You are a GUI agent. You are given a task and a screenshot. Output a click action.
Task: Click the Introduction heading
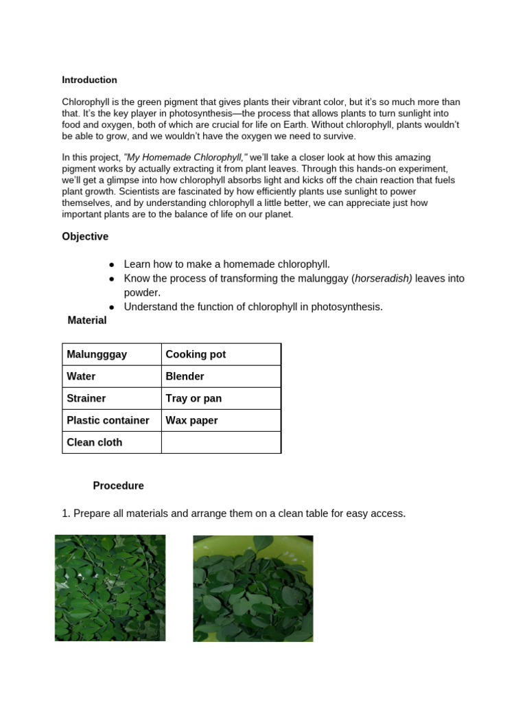(89, 80)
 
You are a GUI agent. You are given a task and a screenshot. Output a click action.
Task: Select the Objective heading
(85, 236)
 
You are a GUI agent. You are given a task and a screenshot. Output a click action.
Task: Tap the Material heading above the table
(87, 320)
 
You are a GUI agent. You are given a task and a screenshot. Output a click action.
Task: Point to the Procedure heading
(118, 485)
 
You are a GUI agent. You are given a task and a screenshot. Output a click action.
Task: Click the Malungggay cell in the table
(97, 354)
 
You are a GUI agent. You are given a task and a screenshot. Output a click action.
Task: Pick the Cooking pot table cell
(196, 354)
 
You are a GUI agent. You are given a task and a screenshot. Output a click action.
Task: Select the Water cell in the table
(81, 376)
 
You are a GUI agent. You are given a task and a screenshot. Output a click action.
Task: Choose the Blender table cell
(185, 376)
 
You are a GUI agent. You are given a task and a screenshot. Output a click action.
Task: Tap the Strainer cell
(86, 398)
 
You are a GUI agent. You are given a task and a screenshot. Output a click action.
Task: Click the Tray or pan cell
(194, 398)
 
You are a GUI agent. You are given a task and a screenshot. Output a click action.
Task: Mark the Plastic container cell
(108, 420)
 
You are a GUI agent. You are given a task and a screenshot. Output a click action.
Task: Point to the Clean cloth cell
(94, 442)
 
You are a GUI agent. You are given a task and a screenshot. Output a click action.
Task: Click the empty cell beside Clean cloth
(220, 442)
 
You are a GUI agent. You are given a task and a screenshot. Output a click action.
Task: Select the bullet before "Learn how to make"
(112, 264)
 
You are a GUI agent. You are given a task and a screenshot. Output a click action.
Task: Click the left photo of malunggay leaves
(110, 588)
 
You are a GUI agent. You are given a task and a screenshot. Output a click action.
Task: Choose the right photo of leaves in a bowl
(253, 588)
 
